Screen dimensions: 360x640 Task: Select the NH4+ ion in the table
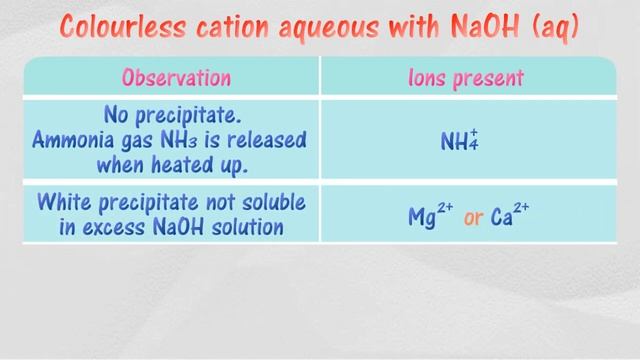459,140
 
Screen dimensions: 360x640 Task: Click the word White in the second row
65,202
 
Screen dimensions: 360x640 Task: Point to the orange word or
473,216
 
